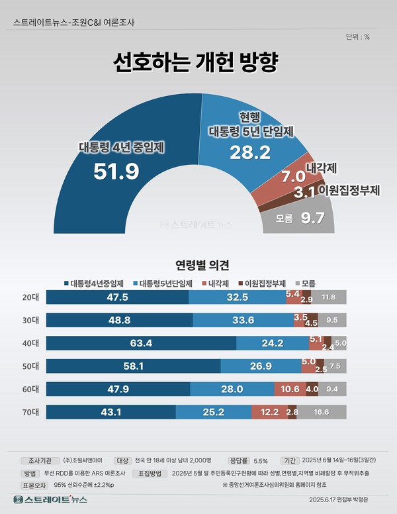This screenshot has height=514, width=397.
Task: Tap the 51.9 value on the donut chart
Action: (116, 172)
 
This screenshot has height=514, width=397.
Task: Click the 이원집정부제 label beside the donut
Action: (348, 191)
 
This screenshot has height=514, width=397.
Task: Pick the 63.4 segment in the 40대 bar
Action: (141, 342)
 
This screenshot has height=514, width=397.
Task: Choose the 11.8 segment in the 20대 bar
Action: (328, 297)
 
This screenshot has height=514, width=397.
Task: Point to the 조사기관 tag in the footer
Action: (40, 458)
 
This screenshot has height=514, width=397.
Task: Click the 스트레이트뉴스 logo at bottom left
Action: (50, 499)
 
